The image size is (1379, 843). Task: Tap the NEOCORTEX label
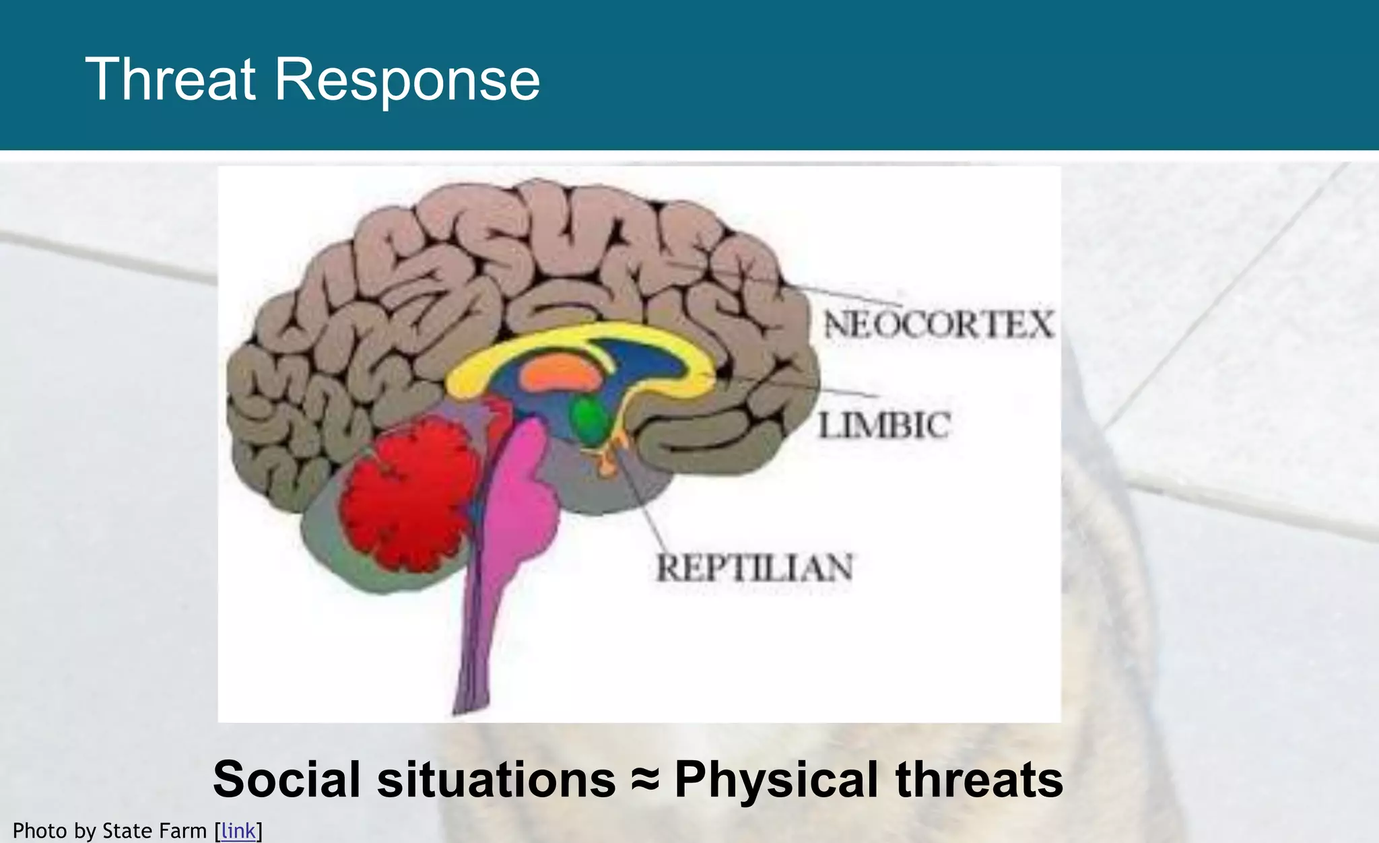click(939, 325)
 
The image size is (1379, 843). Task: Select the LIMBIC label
click(884, 426)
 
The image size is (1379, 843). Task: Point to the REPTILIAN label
click(754, 568)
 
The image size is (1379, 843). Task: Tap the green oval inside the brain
click(590, 419)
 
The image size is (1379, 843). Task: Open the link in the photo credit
click(238, 831)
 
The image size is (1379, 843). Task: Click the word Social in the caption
click(286, 780)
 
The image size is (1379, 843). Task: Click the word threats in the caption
click(979, 780)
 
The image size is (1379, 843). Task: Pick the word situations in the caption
click(496, 780)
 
